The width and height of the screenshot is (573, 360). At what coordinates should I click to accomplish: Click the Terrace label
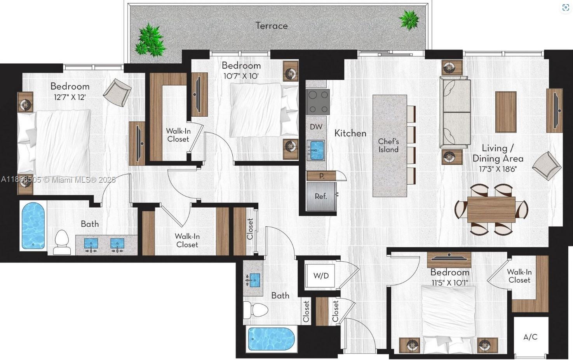pyautogui.click(x=272, y=26)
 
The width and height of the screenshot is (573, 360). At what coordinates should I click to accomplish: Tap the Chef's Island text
pyautogui.click(x=388, y=145)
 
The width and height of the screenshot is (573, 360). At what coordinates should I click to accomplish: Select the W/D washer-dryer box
pyautogui.click(x=320, y=276)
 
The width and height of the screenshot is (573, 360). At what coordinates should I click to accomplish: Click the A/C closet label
pyautogui.click(x=530, y=337)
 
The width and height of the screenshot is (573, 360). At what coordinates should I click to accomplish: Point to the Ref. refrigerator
pyautogui.click(x=321, y=196)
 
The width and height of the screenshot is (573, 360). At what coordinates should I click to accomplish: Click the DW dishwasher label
pyautogui.click(x=316, y=126)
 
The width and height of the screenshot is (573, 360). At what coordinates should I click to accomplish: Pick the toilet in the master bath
pyautogui.click(x=62, y=242)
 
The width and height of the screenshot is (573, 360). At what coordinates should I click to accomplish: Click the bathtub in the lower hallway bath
pyautogui.click(x=271, y=339)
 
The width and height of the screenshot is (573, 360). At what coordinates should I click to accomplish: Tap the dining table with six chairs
pyautogui.click(x=491, y=209)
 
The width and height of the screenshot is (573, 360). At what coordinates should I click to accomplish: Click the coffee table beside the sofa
pyautogui.click(x=506, y=112)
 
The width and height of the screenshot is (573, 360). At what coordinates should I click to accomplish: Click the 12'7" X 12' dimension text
pyautogui.click(x=70, y=97)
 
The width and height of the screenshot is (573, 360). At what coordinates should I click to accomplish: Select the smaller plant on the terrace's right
pyautogui.click(x=409, y=19)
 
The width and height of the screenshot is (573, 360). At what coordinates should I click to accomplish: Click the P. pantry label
pyautogui.click(x=321, y=176)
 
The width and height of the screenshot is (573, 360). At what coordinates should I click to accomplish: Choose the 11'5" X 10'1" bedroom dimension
pyautogui.click(x=449, y=283)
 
